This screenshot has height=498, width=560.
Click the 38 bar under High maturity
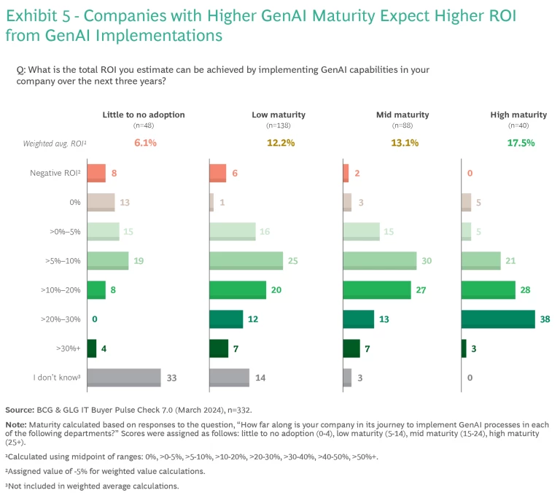point(498,319)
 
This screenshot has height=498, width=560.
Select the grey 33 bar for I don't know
point(123,377)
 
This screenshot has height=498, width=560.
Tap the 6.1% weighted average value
point(144,143)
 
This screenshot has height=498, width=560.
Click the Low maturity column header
point(278,114)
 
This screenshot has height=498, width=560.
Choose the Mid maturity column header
point(402,114)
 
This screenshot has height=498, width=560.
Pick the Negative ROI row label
point(55,173)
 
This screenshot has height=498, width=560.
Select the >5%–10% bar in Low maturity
point(246,260)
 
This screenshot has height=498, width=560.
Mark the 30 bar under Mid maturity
point(379,260)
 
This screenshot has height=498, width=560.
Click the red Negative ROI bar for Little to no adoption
point(96,173)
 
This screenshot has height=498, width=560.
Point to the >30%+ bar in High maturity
point(464,348)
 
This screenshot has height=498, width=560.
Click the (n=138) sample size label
point(278,125)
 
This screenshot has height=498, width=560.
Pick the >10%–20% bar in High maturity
point(489,289)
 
